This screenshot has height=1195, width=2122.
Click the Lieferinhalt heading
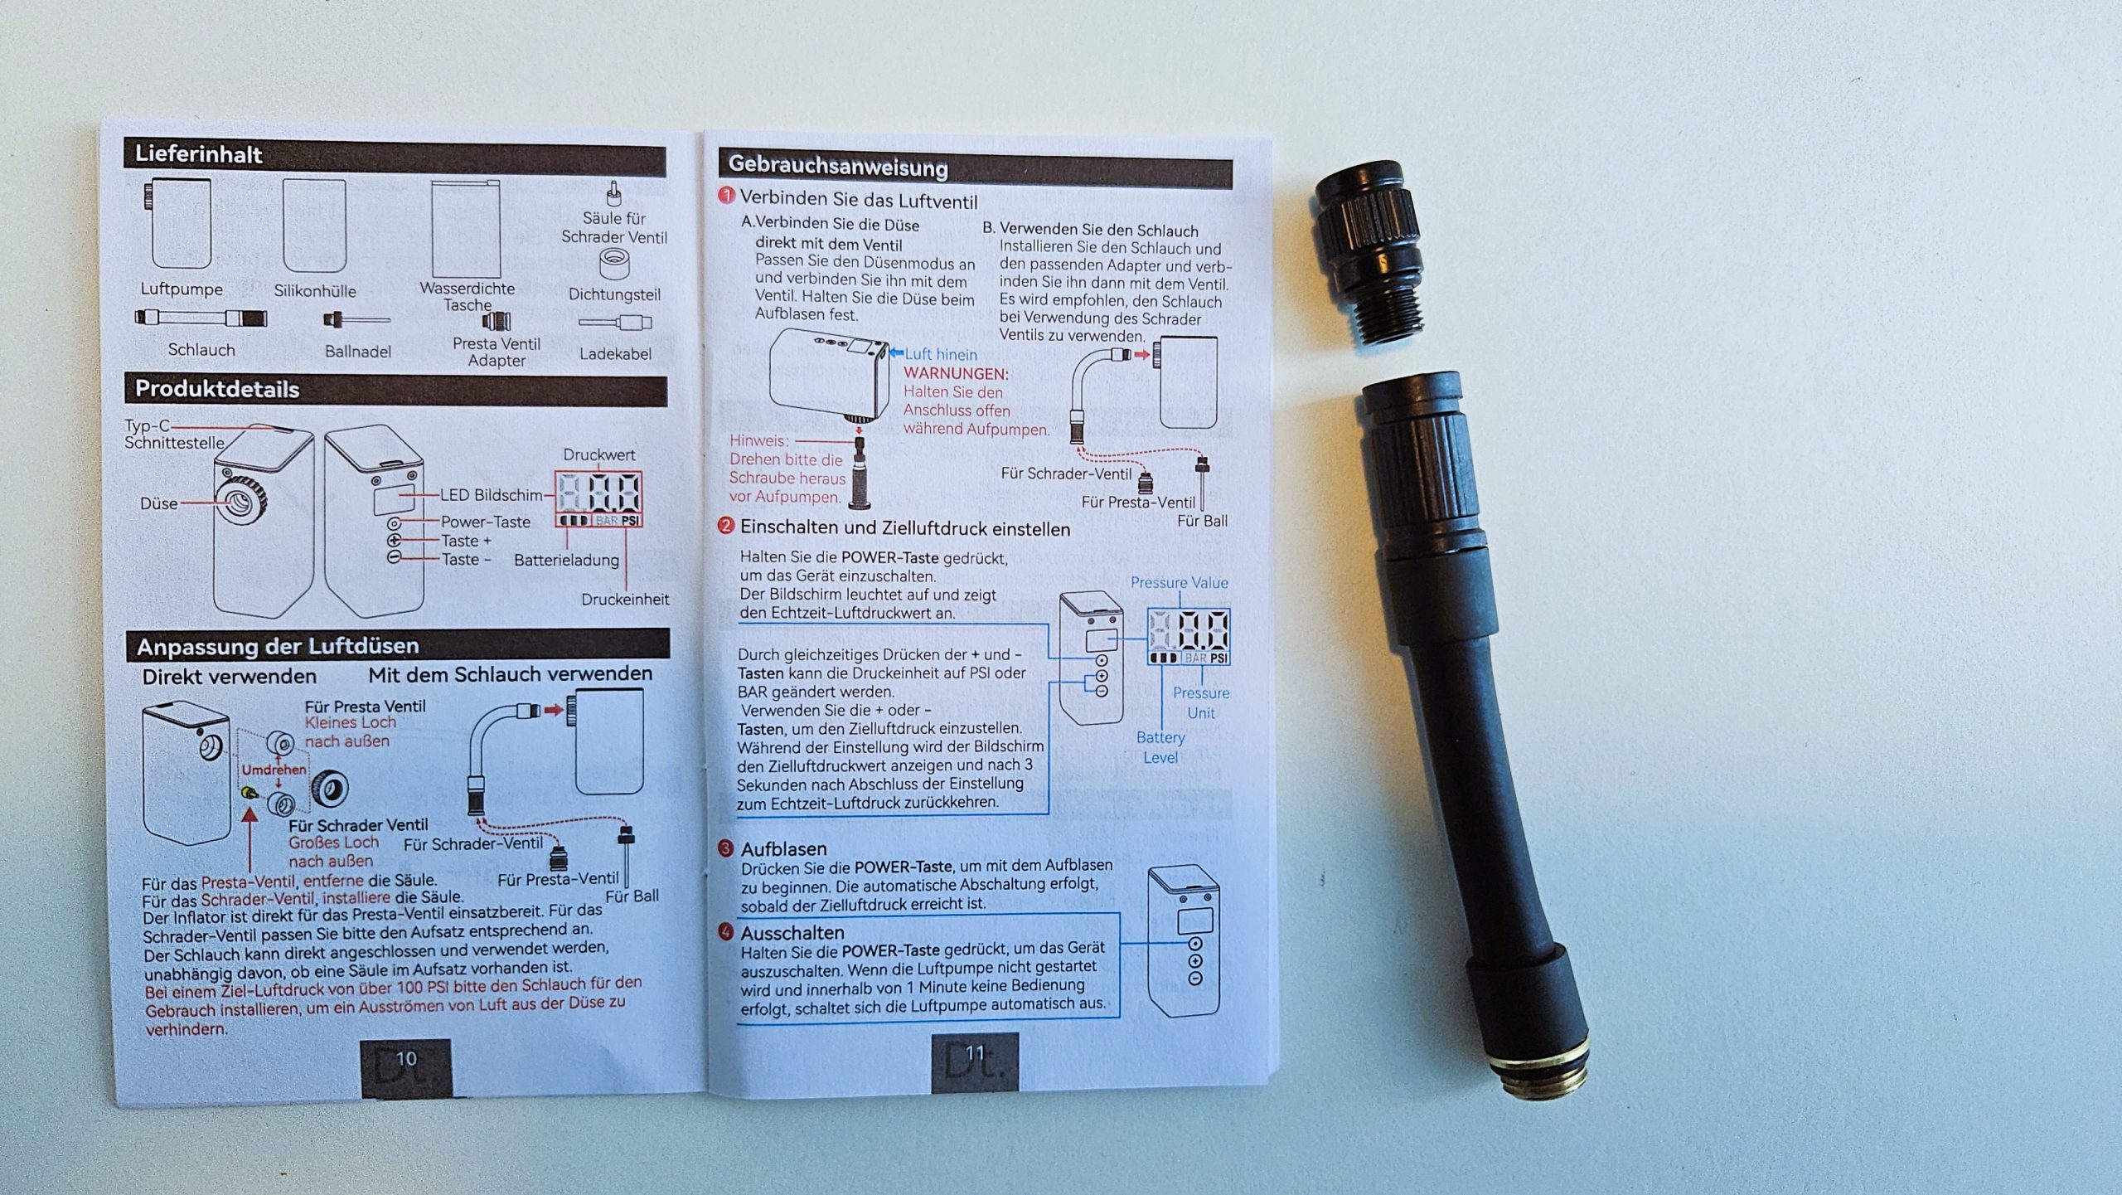click(198, 155)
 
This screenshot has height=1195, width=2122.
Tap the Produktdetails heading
click(217, 389)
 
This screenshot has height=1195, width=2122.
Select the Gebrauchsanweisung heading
click(837, 167)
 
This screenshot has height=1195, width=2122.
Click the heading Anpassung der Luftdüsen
click(278, 646)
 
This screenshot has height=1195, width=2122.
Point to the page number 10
click(406, 1059)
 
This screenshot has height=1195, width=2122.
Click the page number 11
click(975, 1053)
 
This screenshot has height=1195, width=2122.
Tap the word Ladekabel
click(615, 354)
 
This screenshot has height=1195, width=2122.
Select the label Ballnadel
click(358, 352)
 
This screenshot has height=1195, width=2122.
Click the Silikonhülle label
click(315, 291)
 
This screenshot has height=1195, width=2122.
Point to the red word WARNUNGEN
click(956, 374)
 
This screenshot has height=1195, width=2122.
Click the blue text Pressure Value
click(1179, 583)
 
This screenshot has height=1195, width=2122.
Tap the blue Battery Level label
click(1160, 747)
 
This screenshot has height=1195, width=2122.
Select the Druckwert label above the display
click(599, 454)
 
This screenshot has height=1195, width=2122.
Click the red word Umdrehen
click(274, 770)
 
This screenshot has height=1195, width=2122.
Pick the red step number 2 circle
click(726, 526)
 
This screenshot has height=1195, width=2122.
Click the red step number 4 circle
click(725, 932)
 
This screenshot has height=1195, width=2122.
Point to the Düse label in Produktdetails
click(158, 503)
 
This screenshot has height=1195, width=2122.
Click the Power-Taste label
click(485, 522)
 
